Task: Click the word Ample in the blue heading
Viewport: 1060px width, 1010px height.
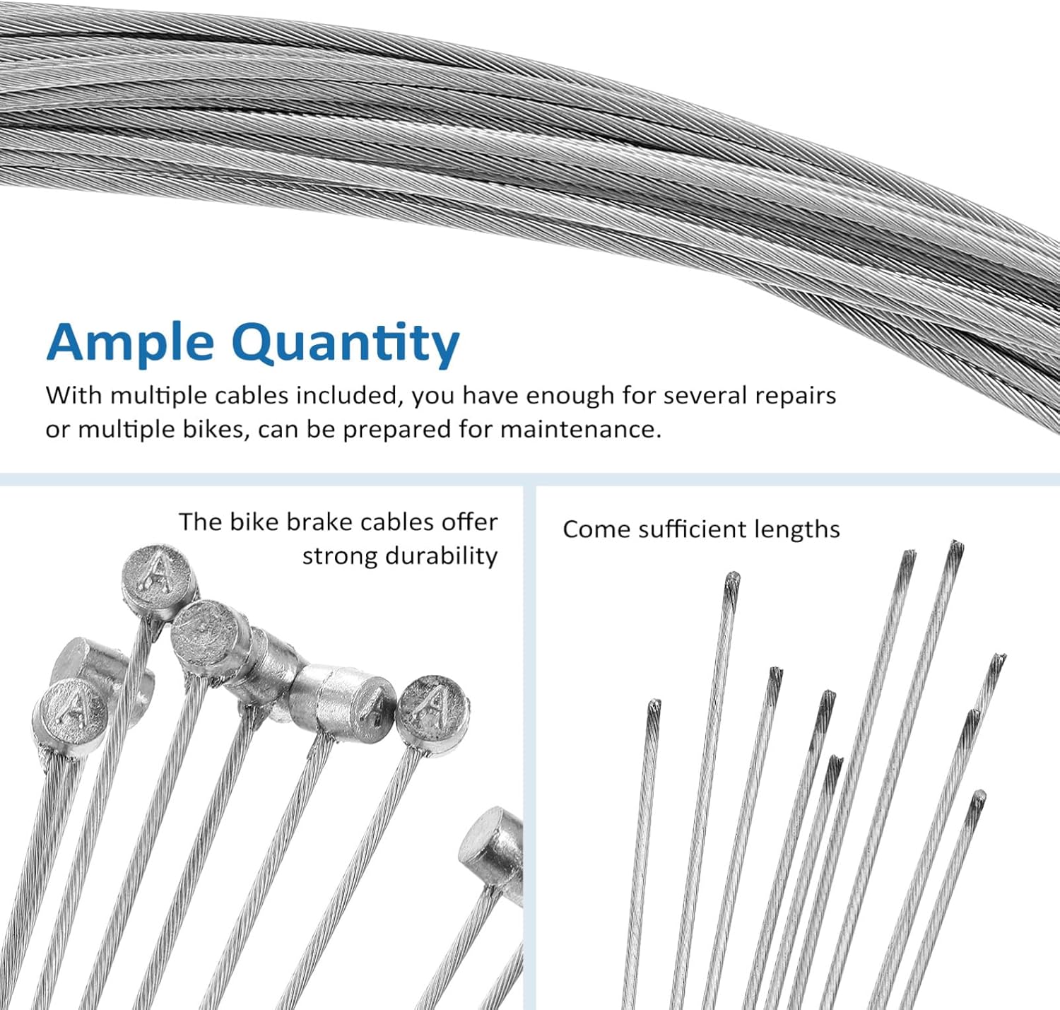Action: tap(130, 342)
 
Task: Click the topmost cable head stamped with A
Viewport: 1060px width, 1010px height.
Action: tap(160, 574)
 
